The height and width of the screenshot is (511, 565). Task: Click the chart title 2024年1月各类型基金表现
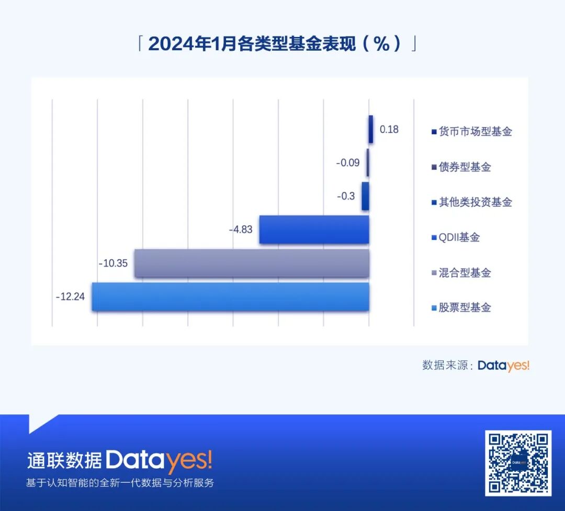277,44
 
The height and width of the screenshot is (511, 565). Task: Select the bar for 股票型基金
230,297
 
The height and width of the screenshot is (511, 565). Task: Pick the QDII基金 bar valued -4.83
314,229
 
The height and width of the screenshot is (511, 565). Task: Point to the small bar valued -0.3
365,196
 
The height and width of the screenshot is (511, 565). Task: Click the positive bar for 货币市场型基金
371,129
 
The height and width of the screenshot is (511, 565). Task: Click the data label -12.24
70,296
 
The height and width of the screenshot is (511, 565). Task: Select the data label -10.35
113,263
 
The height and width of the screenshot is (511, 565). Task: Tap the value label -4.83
241,229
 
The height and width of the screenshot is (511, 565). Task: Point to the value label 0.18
389,129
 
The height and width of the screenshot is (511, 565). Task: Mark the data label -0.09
348,162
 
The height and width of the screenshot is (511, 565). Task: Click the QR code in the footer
518,463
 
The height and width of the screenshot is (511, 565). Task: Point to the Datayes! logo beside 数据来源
503,366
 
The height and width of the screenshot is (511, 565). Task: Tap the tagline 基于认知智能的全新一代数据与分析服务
120,483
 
